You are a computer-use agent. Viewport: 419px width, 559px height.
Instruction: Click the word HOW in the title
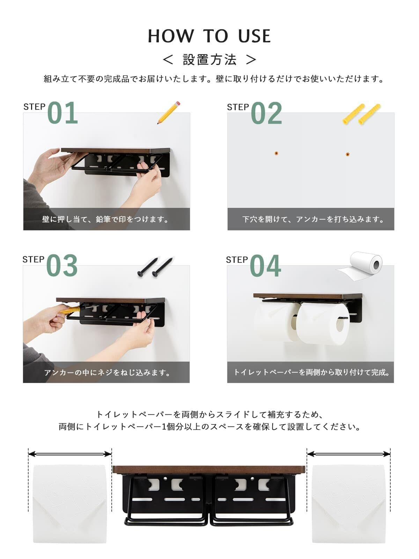click(171, 36)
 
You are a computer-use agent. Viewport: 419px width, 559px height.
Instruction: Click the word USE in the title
click(254, 36)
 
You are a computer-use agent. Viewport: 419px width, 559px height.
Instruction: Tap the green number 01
click(63, 113)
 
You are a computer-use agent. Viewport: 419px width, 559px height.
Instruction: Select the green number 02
click(266, 113)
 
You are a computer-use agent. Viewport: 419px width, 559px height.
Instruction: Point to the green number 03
click(62, 266)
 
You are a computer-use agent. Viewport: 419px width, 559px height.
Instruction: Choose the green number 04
click(266, 266)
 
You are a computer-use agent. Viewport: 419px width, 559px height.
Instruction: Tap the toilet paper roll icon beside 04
click(359, 266)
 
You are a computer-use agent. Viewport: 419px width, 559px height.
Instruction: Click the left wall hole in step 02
click(276, 153)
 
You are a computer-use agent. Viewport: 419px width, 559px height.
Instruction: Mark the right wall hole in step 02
click(347, 154)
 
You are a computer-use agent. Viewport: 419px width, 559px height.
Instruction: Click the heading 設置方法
click(209, 60)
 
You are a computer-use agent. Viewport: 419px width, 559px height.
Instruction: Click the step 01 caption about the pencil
click(105, 219)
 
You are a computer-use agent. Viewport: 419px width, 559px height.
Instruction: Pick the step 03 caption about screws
click(107, 372)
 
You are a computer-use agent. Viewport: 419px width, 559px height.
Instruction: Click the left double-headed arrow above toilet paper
click(70, 454)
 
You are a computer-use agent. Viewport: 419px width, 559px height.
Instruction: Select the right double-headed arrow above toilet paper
click(349, 454)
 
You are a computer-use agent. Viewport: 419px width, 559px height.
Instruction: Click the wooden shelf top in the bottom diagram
click(208, 469)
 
